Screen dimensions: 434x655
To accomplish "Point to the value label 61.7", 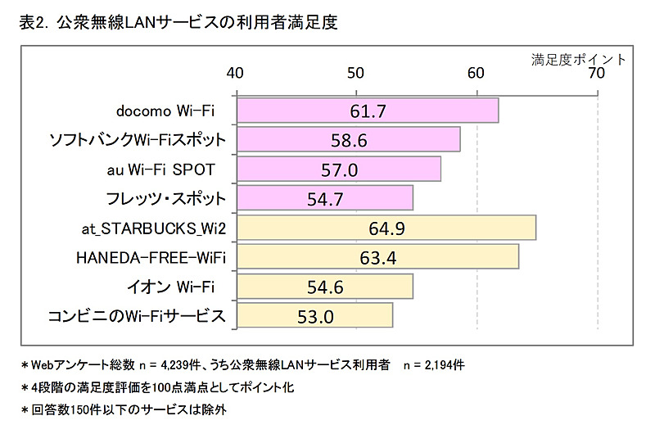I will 368,111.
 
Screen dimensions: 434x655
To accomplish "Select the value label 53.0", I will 315,316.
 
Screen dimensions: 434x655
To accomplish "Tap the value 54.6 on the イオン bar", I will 325,287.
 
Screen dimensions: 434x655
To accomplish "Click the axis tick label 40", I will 236,73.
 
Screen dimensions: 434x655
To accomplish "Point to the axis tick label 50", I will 356,73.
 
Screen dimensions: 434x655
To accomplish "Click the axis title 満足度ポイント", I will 578,59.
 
